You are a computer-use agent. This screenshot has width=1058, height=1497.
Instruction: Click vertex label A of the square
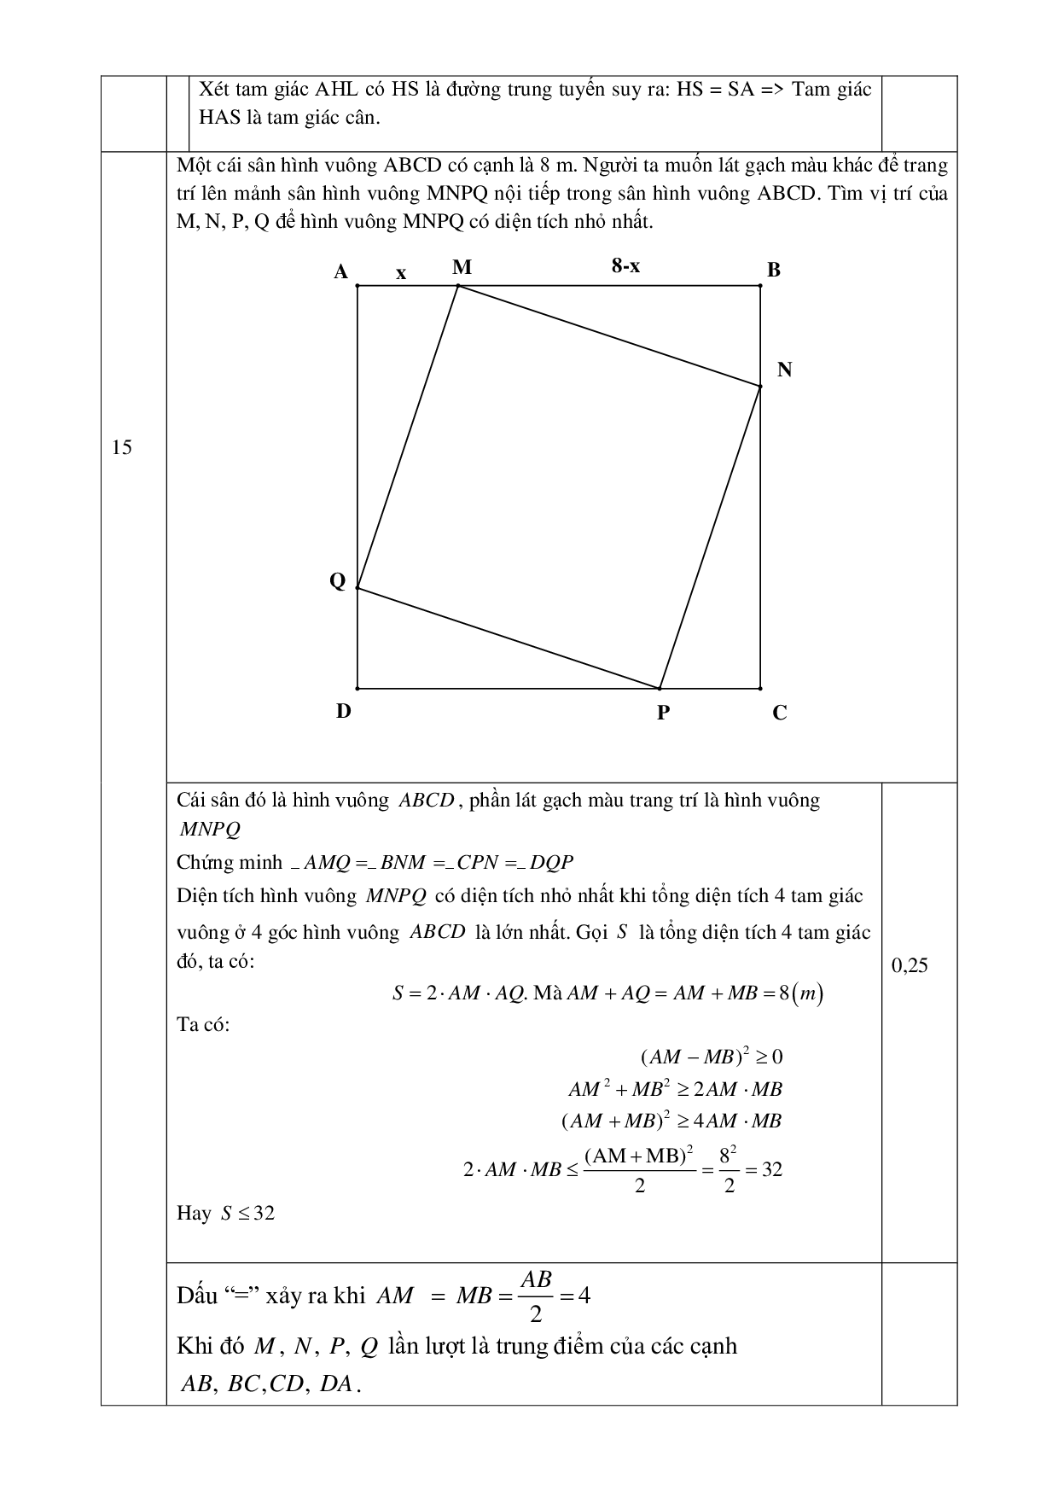[x=340, y=272]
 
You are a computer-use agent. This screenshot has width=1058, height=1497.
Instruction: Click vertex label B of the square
[x=774, y=271]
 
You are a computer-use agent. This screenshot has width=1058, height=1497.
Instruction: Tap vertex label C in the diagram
[x=779, y=714]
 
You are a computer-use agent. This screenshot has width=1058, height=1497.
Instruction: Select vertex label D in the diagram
[x=343, y=711]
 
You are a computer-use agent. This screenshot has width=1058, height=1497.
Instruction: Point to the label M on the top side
[x=462, y=268]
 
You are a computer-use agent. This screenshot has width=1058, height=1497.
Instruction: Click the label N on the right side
[x=784, y=370]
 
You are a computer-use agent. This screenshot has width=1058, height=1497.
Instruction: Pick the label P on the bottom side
[x=663, y=713]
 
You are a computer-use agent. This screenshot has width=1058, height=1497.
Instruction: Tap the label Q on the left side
[x=338, y=581]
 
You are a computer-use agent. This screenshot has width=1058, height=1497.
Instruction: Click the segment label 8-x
[x=625, y=266]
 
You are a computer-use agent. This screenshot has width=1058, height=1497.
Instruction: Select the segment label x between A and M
[x=401, y=273]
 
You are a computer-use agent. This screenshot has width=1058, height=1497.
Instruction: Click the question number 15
[x=122, y=447]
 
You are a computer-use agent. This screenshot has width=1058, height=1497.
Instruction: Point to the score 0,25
[x=910, y=965]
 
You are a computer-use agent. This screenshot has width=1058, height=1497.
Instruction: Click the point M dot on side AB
[x=458, y=286]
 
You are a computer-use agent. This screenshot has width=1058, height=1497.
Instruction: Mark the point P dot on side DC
[x=660, y=688]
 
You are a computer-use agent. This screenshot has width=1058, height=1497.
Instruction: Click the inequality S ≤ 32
[x=247, y=1213]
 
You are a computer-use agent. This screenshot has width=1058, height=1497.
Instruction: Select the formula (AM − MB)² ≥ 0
[x=711, y=1057]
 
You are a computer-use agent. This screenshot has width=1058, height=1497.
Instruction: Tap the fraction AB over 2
[x=536, y=1295]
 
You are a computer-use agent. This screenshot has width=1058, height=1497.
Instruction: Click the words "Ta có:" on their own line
[x=203, y=1024]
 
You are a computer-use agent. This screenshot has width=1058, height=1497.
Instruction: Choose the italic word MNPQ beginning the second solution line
[x=210, y=829]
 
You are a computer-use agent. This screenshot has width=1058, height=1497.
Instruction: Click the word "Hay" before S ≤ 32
[x=194, y=1213]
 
